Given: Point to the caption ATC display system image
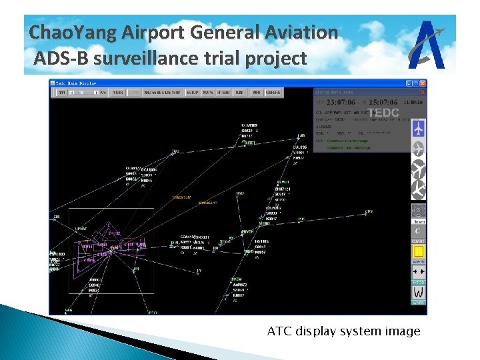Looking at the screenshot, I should (343, 331).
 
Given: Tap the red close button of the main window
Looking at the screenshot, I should (423, 83).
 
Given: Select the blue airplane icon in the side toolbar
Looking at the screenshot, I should (419, 128).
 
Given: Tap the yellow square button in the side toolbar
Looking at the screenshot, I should (419, 252).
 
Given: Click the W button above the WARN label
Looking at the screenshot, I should (419, 292).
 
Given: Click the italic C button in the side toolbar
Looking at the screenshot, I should (419, 231).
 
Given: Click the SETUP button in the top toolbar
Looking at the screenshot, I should (193, 93).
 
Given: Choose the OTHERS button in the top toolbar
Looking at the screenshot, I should (273, 93).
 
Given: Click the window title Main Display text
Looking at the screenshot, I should (76, 83).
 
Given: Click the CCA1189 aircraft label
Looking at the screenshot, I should (250, 125).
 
